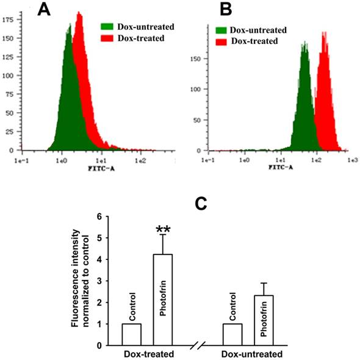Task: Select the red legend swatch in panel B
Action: pos(223,41)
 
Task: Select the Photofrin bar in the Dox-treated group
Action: pos(162,299)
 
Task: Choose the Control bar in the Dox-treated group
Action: pos(131,334)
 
